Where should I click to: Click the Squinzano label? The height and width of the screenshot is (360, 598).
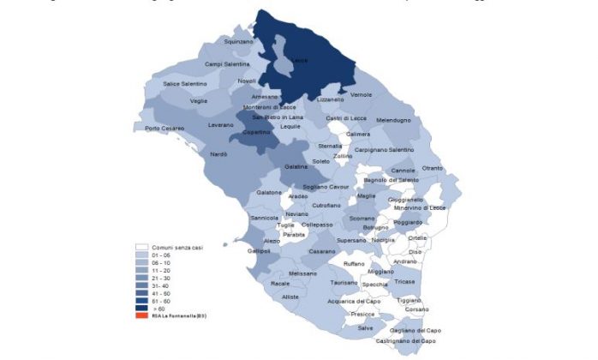[x=239, y=41]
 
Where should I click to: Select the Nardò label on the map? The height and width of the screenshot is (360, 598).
[x=218, y=154]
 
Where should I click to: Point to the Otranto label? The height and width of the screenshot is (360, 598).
[x=433, y=168]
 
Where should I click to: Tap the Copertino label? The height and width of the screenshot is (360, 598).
[x=257, y=133]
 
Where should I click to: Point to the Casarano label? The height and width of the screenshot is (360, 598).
[x=322, y=251]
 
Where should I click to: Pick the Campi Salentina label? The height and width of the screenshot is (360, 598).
[x=227, y=63]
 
